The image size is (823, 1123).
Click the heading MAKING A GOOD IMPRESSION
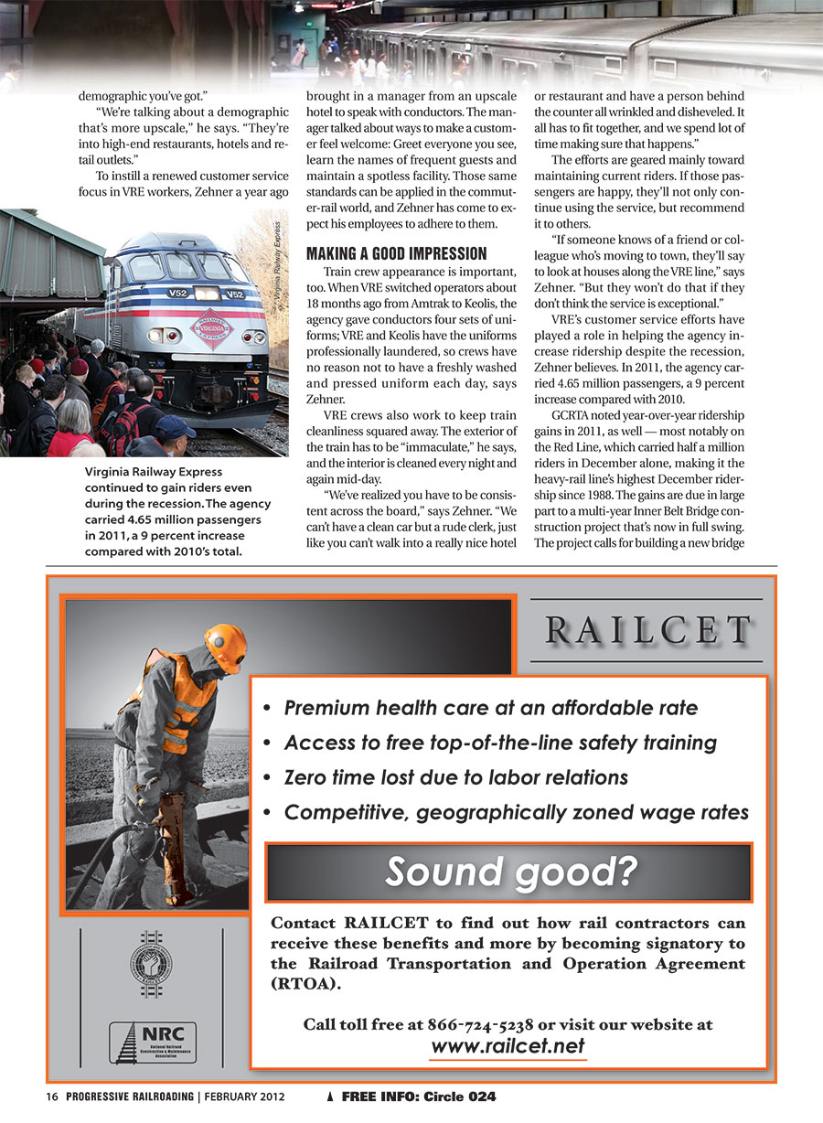[x=397, y=252]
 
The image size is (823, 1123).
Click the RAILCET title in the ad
[x=647, y=630]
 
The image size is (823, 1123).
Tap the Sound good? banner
[x=509, y=872]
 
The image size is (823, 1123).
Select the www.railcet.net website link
[x=508, y=1046]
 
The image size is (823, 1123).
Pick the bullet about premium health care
[x=491, y=708]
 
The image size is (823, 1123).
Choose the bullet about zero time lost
[x=455, y=777]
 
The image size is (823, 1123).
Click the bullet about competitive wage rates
[x=516, y=812]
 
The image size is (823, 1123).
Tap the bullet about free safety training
[x=500, y=743]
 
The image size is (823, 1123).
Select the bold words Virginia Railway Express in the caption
[x=153, y=472]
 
